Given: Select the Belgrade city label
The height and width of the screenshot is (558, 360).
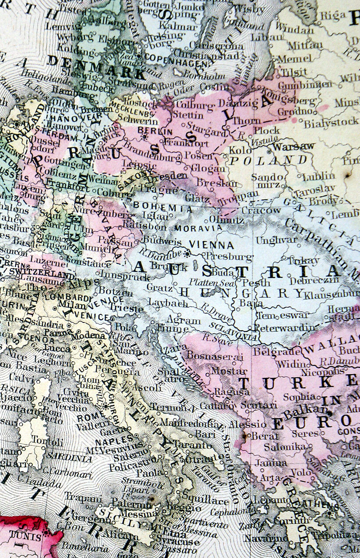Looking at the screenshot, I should [x=274, y=351].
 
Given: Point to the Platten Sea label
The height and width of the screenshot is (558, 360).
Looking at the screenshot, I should [x=210, y=283].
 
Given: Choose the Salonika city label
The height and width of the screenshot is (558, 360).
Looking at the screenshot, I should [x=279, y=447].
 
